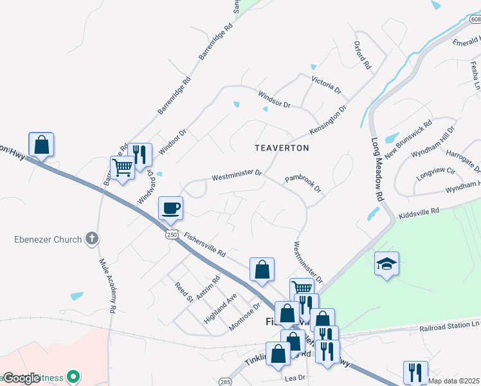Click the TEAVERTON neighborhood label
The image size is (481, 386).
[282, 148]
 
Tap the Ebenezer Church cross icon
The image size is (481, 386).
[92, 239]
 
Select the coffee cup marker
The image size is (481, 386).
[171, 208]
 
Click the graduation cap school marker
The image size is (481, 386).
[386, 264]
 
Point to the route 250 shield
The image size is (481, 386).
[170, 233]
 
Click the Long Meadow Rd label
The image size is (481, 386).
[378, 163]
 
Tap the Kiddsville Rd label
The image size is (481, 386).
[418, 211]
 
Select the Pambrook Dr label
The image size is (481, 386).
[303, 183]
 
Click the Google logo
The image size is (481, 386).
[21, 378]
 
